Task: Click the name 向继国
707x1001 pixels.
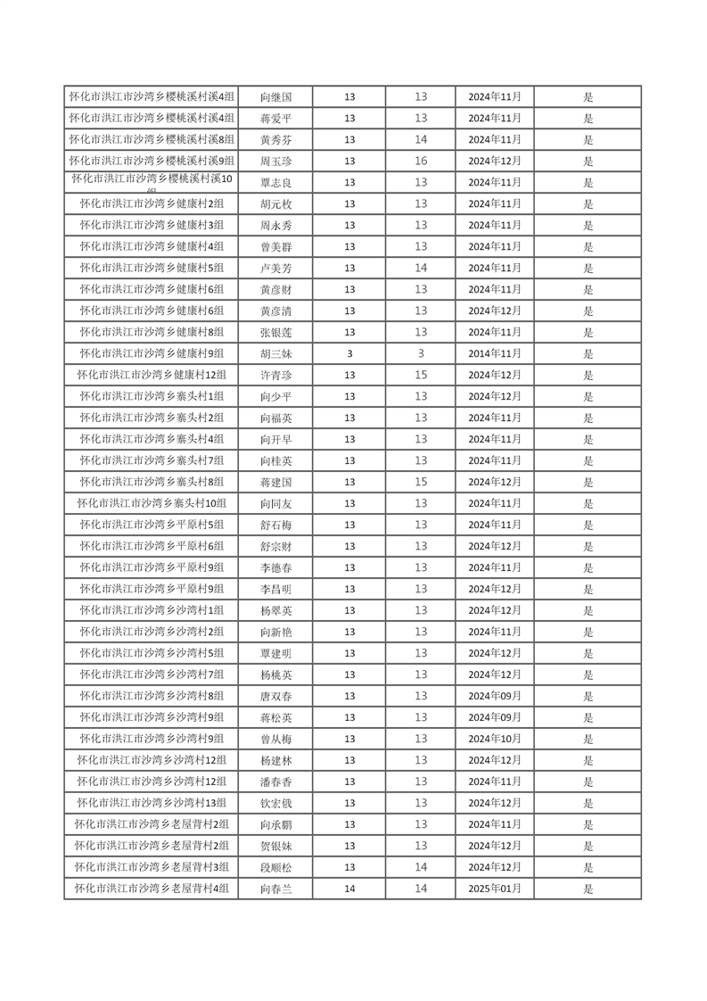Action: click(275, 96)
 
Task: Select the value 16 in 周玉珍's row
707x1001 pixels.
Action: click(421, 161)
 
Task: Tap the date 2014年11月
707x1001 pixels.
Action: click(495, 353)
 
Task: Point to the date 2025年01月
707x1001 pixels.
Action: click(495, 889)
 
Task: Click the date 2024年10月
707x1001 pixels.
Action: click(495, 739)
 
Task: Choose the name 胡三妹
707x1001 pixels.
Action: click(275, 353)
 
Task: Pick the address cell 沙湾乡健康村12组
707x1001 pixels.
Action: click(152, 375)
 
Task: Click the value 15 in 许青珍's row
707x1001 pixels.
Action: click(421, 375)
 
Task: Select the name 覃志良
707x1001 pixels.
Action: click(275, 182)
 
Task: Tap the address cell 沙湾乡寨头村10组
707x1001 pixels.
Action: click(152, 503)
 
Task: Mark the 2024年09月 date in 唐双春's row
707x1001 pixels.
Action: click(495, 696)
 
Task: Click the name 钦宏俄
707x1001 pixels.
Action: click(275, 803)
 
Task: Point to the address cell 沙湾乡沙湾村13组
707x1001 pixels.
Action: click(152, 803)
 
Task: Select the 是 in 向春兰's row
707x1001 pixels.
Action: click(588, 889)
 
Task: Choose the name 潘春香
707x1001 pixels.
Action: click(275, 782)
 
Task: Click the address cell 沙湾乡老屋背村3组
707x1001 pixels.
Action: click(152, 867)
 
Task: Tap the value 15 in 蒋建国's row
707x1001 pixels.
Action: click(421, 482)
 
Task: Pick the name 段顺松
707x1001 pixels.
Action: click(275, 867)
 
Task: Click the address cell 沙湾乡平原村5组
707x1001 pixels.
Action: click(152, 525)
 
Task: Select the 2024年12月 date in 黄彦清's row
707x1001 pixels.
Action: click(495, 310)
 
